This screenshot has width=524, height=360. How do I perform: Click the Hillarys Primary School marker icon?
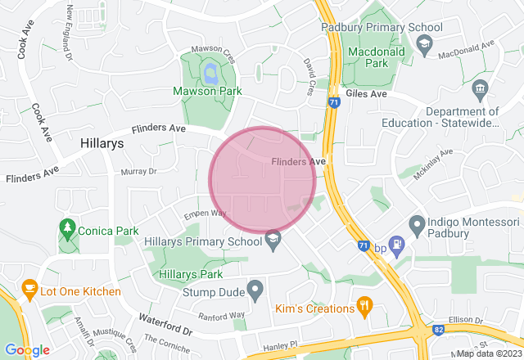coord(272,238)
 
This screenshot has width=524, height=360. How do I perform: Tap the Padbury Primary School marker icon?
coord(424,43)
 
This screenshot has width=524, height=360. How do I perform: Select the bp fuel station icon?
coord(397,243)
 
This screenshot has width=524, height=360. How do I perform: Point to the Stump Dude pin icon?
coord(255,289)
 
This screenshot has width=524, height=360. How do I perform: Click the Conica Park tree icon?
coord(66,228)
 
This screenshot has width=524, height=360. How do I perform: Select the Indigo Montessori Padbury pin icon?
coord(417,223)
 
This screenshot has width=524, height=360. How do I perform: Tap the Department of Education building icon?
coord(481,88)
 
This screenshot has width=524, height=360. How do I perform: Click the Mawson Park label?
coord(206,92)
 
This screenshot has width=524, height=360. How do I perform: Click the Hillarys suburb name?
coord(102,142)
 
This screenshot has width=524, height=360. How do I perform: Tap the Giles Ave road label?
coord(366,94)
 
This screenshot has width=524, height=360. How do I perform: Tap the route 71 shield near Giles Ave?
coord(333,104)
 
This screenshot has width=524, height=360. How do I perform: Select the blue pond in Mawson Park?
coord(211,74)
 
